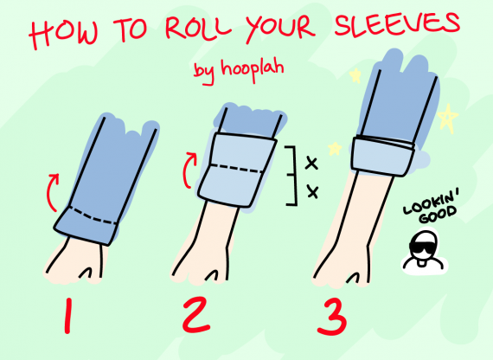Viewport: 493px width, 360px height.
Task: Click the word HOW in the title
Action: [63, 33]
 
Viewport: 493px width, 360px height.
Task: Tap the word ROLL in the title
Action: [197, 28]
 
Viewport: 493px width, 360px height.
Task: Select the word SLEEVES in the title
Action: [397, 22]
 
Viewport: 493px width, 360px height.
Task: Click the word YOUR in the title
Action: [280, 28]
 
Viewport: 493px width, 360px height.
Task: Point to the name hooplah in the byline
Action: [253, 68]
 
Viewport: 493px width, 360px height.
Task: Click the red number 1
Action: [67, 316]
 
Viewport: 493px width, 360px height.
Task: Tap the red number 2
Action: [196, 315]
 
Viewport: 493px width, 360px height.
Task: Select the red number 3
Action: [333, 317]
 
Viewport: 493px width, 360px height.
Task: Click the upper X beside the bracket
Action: [311, 164]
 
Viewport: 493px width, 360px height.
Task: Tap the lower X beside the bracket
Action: [313, 192]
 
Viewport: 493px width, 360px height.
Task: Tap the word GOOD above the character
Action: [439, 215]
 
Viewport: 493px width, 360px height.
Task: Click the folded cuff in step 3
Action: [383, 157]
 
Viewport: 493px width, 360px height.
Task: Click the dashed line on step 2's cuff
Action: [237, 169]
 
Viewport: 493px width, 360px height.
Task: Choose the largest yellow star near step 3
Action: [447, 118]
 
